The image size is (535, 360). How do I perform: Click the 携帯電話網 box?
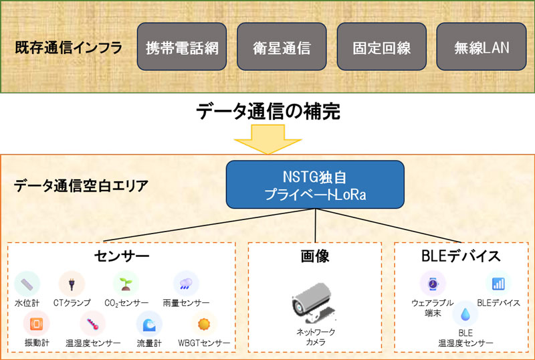[182, 48]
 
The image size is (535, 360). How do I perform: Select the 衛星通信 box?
[282, 48]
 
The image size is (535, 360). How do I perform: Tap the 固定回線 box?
[381, 48]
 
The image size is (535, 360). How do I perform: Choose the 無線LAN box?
[481, 48]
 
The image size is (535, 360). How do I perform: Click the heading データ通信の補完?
[267, 111]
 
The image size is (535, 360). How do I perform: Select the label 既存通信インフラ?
[68, 49]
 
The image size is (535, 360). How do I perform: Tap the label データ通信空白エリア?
[80, 185]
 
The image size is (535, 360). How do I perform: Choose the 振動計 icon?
[36, 323]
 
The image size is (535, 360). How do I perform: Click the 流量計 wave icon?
[148, 323]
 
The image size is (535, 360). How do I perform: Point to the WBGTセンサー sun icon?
[203, 324]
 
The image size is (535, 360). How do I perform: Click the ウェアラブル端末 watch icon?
[432, 284]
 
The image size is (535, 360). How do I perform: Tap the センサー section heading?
[122, 256]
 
